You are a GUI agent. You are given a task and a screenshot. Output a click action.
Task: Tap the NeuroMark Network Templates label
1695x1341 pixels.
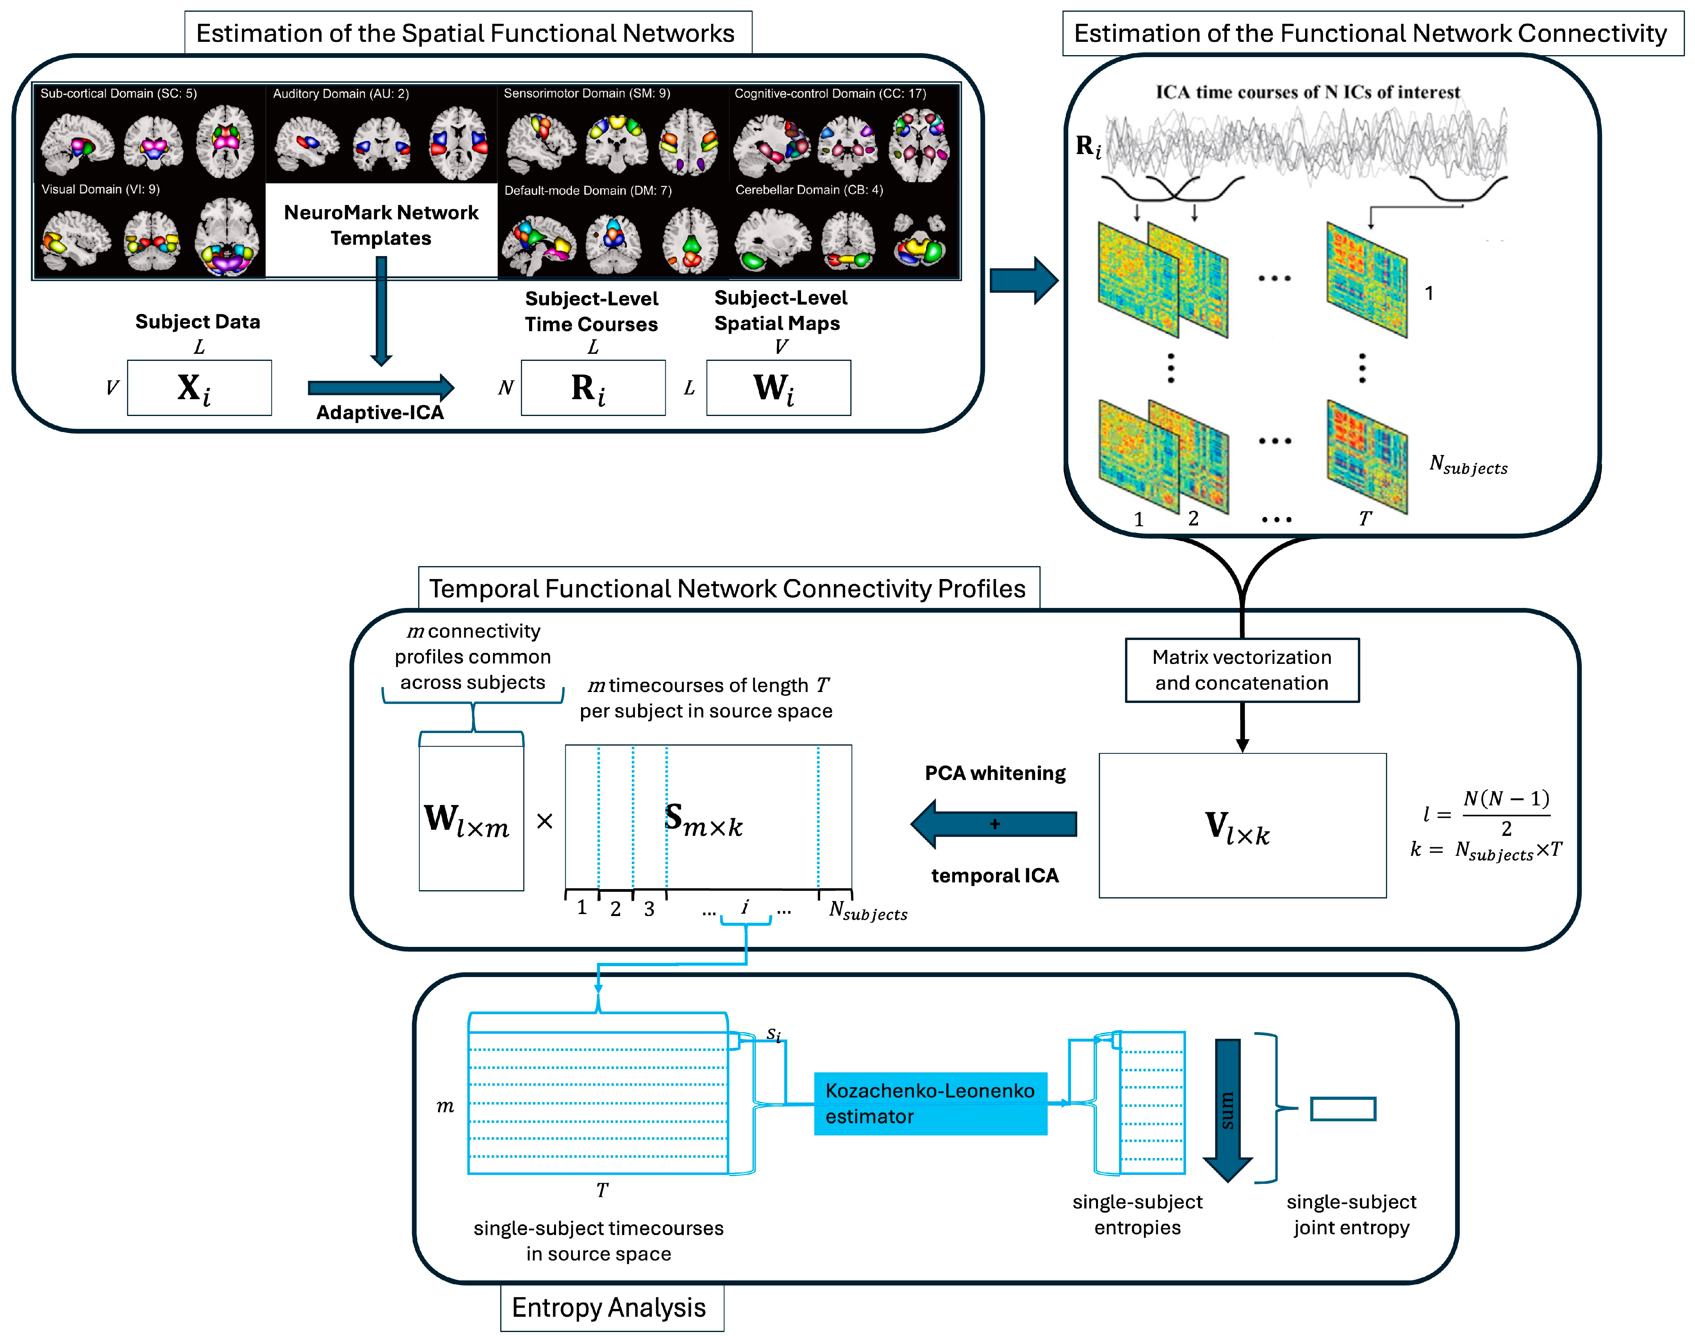[381, 225]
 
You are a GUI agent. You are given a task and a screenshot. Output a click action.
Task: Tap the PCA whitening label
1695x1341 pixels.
[995, 773]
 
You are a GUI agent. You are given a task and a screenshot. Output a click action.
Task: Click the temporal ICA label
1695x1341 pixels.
[995, 875]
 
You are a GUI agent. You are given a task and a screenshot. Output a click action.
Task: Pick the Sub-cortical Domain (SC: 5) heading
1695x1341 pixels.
[118, 93]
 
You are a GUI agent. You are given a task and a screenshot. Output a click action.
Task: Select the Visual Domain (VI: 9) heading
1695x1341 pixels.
[100, 189]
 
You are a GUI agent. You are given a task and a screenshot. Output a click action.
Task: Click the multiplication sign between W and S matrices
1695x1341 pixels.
[545, 821]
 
